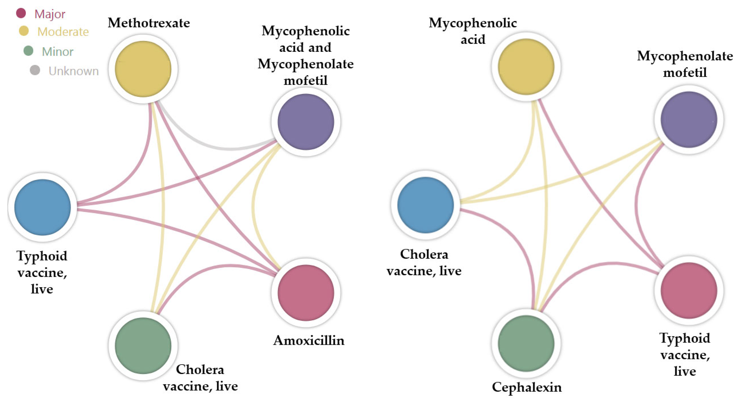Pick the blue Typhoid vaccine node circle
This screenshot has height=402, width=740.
click(43, 207)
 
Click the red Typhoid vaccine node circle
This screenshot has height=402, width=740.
click(689, 290)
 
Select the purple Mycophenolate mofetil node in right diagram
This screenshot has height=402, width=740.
click(689, 119)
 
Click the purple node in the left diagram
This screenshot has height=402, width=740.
click(306, 122)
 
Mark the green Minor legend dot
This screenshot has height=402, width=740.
click(28, 51)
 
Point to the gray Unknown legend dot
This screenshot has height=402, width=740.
click(35, 70)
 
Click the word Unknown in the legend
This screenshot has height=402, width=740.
click(74, 71)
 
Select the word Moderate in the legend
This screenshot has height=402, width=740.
click(63, 32)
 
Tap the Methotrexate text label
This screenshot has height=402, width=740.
click(149, 23)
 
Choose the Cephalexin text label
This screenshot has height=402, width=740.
click(526, 387)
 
